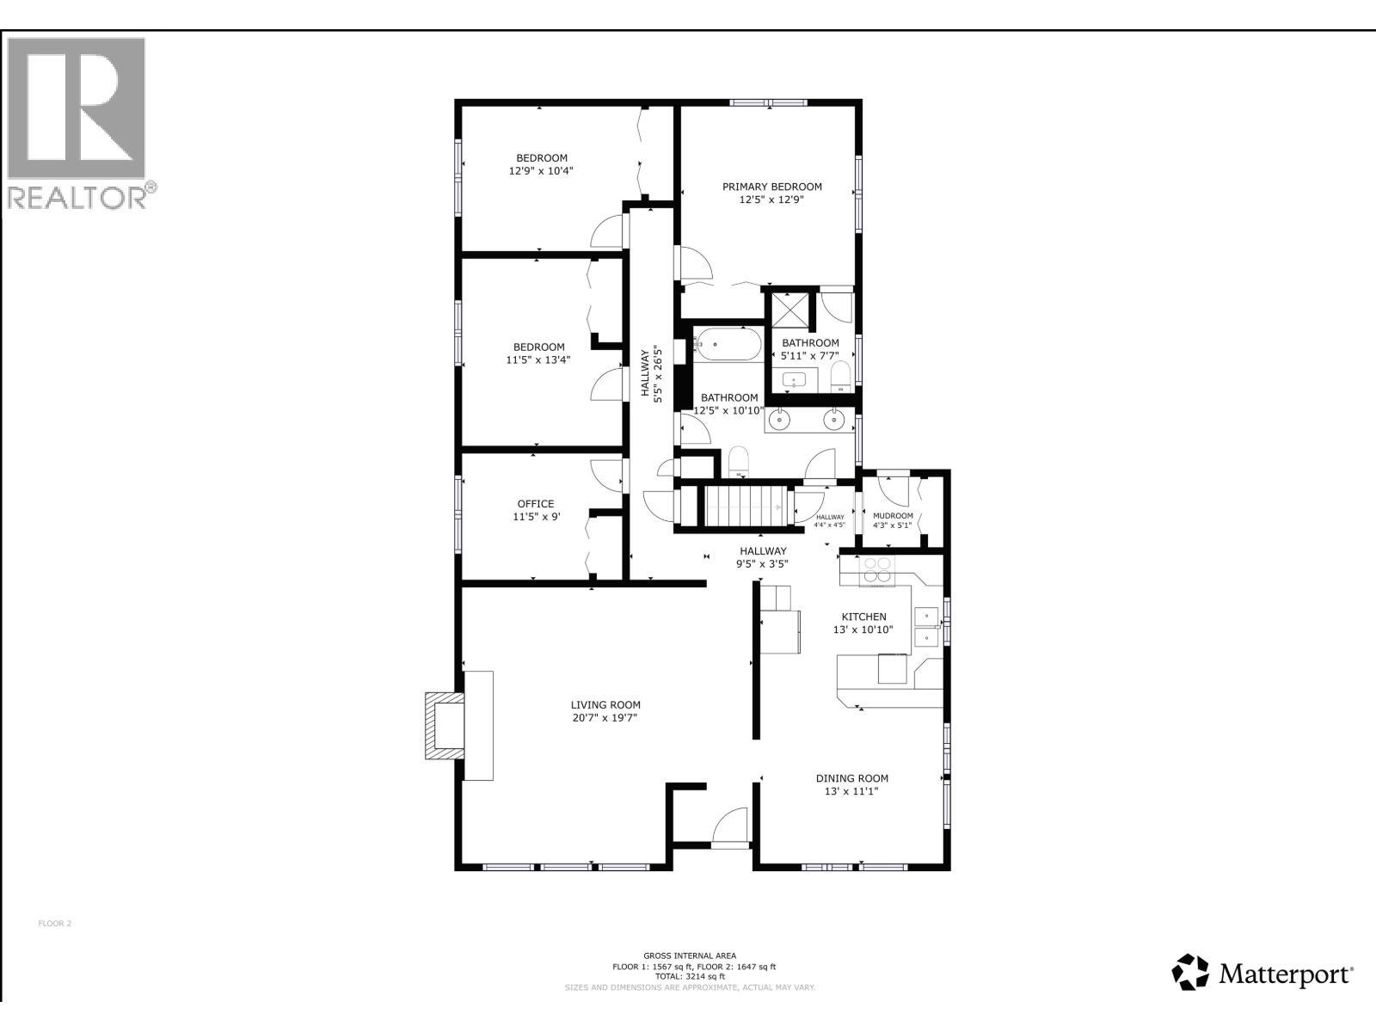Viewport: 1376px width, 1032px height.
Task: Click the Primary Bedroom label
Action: pyautogui.click(x=771, y=187)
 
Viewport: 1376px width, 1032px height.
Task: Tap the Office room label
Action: pyautogui.click(x=536, y=504)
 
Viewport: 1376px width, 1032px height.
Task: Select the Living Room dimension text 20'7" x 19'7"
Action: pyautogui.click(x=605, y=718)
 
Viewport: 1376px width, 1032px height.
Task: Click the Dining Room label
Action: pyautogui.click(x=851, y=778)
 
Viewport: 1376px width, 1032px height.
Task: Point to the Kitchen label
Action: pyautogui.click(x=863, y=617)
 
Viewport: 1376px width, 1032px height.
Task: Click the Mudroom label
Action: pyautogui.click(x=893, y=516)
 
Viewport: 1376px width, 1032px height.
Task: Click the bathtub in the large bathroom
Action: pyautogui.click(x=728, y=345)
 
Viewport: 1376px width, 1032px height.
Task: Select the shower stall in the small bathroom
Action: pyautogui.click(x=789, y=310)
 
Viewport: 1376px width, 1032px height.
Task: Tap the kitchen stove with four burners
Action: pyautogui.click(x=878, y=570)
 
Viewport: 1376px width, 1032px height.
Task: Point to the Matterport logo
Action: pyautogui.click(x=1262, y=973)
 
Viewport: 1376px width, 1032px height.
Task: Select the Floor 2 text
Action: pyautogui.click(x=55, y=924)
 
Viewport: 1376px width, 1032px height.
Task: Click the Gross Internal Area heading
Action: pyautogui.click(x=689, y=955)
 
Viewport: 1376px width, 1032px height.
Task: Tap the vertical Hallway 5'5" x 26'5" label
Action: pyautogui.click(x=651, y=372)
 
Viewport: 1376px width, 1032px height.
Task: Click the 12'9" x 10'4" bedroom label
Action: pyautogui.click(x=541, y=171)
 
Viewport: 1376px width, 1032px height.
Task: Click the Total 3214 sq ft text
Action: pyautogui.click(x=689, y=977)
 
